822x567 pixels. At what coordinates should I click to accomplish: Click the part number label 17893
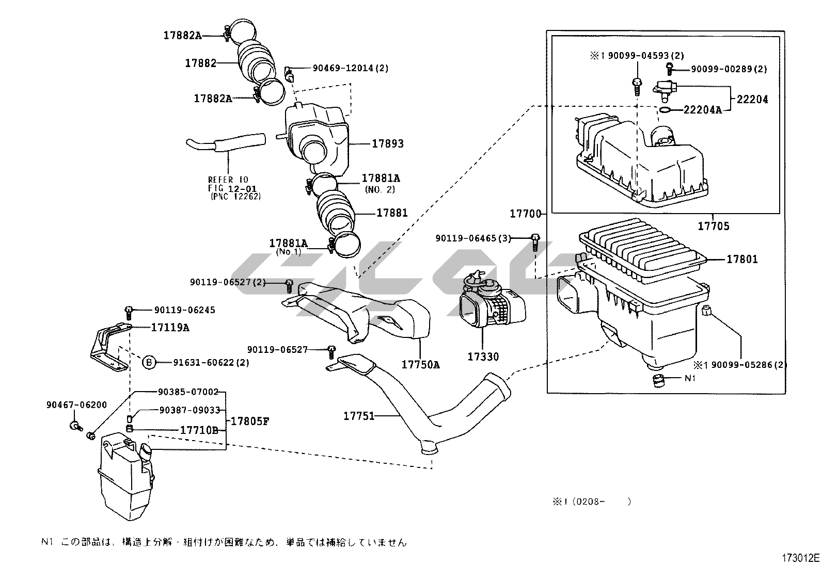coord(388,143)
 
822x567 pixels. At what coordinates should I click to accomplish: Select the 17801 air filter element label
coord(742,259)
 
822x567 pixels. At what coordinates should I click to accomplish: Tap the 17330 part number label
coord(483,357)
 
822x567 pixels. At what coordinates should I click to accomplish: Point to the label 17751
coord(359,416)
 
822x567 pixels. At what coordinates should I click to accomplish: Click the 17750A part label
coord(420,365)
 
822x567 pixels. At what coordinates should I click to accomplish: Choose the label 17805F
coord(249,420)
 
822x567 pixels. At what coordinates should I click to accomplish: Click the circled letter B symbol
coord(149,362)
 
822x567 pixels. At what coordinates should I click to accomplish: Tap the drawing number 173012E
coord(800,558)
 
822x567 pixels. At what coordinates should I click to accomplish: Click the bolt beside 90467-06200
coord(75,426)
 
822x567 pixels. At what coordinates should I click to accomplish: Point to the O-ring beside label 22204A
coord(666,109)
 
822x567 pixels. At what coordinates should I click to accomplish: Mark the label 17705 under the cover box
coord(714,226)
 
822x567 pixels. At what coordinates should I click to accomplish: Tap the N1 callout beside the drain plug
coord(690,378)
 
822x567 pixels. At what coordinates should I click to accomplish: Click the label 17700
coord(525,214)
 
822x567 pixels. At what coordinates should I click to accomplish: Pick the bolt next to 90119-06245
coord(129,311)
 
